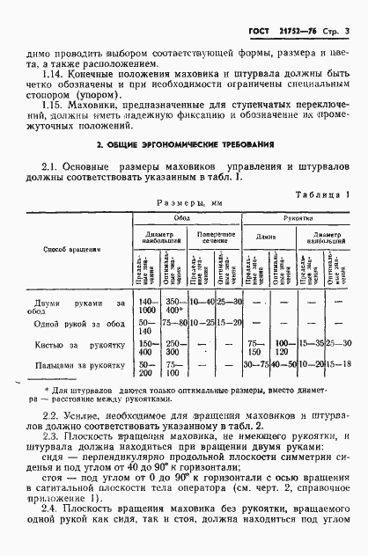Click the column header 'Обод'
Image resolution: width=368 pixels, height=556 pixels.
(x=183, y=216)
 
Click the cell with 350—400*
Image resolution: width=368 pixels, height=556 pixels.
(x=174, y=305)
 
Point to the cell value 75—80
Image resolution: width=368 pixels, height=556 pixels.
(x=174, y=322)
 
